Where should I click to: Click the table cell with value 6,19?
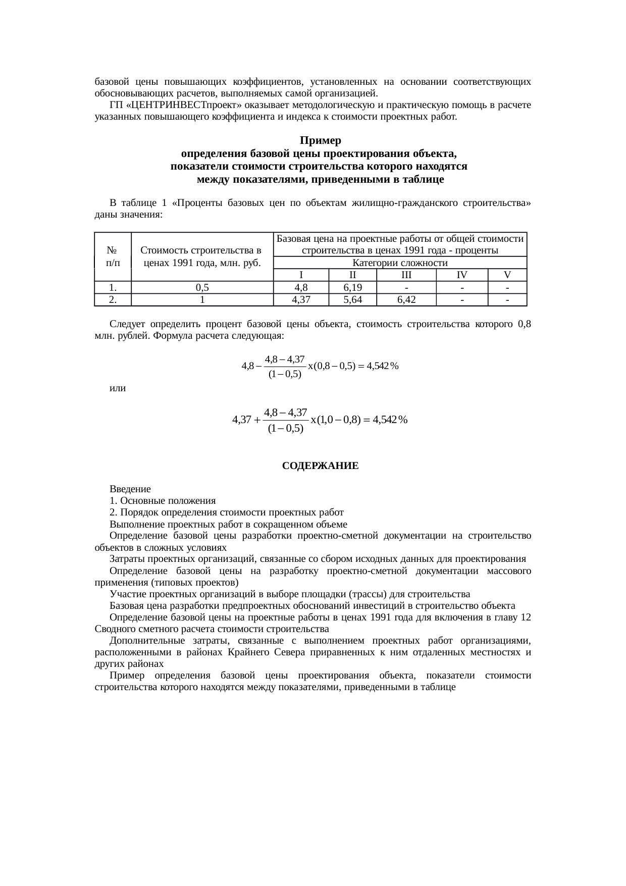[352, 287]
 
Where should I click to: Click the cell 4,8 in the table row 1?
[300, 287]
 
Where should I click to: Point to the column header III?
[406, 275]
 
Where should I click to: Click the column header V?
[507, 275]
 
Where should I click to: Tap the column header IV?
[462, 275]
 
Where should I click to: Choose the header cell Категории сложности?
[399, 263]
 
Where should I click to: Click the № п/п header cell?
[113, 256]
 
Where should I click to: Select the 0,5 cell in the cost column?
[202, 287]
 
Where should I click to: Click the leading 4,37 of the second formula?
[241, 420]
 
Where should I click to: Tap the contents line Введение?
[130, 489]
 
